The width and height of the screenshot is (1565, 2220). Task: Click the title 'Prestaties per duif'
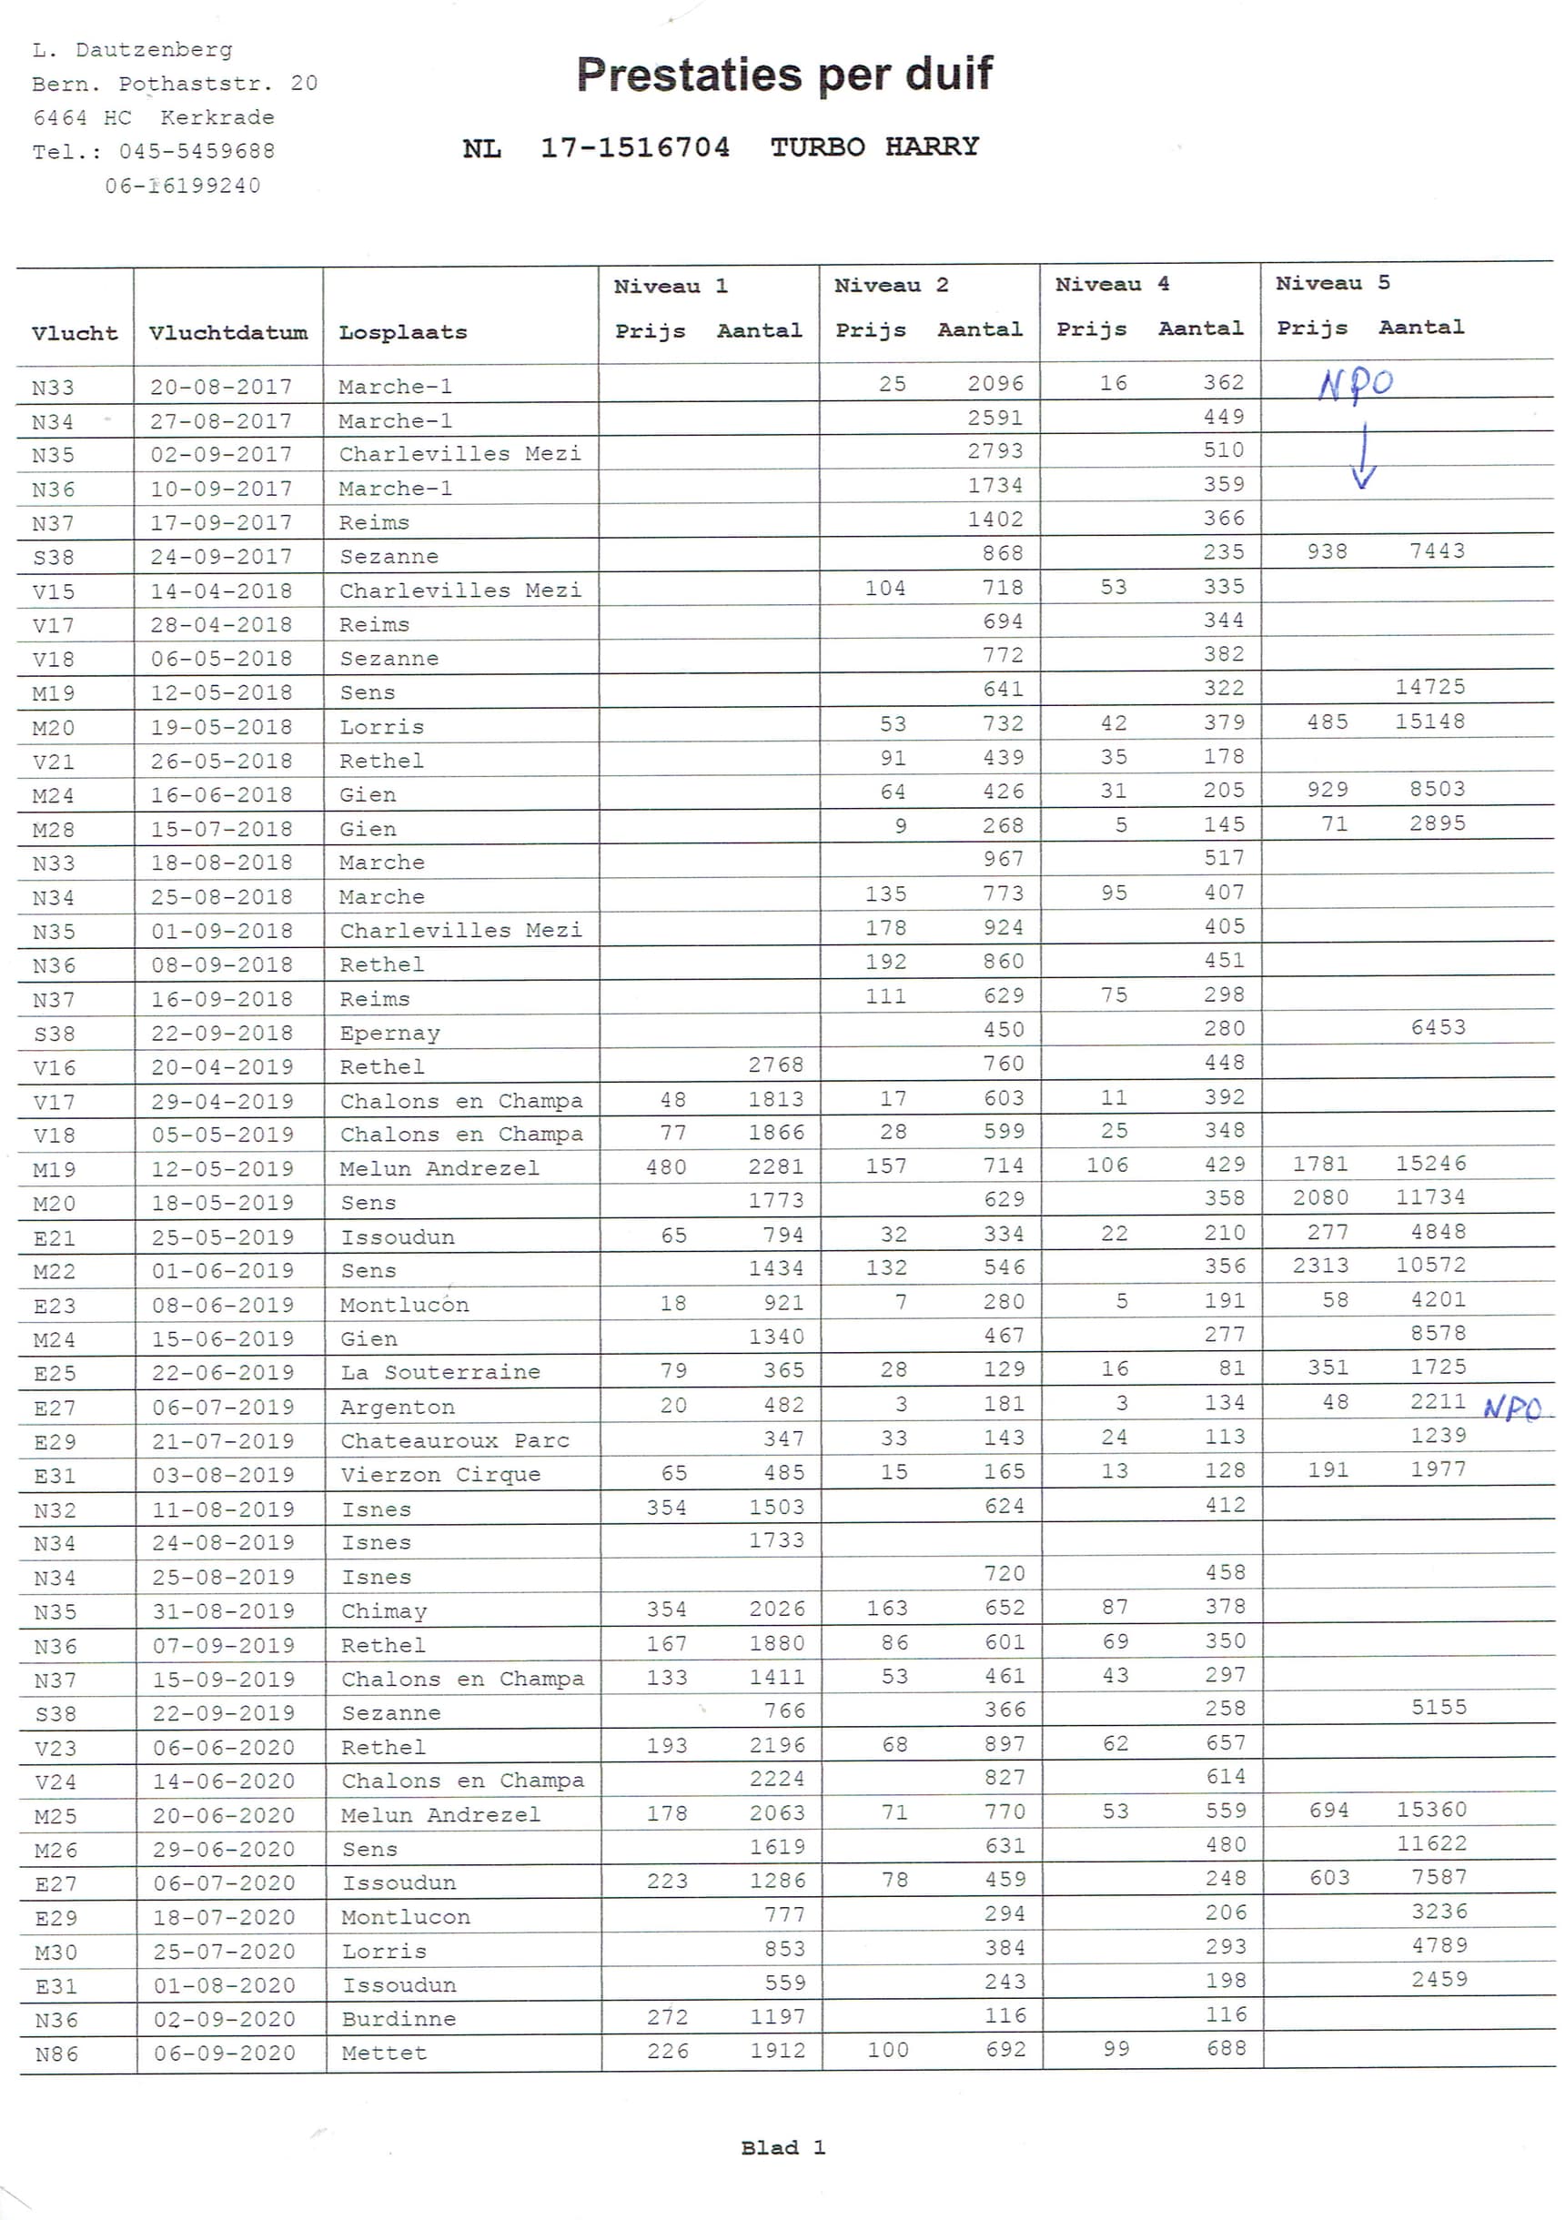point(784,75)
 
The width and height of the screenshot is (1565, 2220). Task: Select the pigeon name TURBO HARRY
point(874,147)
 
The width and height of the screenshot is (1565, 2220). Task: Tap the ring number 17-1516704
point(634,147)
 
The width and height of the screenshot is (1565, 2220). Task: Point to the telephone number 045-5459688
point(197,152)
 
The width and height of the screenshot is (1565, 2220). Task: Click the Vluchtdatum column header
point(228,333)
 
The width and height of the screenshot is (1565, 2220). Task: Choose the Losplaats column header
point(402,333)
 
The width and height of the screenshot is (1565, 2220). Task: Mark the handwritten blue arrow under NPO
point(1363,457)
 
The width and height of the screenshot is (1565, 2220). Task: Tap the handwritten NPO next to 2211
point(1513,1408)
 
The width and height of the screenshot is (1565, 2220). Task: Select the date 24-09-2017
point(221,557)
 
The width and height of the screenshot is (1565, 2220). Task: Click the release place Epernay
point(389,1033)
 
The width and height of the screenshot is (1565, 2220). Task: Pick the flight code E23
point(55,1307)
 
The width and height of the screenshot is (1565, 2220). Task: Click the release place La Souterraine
point(440,1372)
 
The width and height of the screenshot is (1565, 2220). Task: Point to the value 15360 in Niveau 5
point(1431,1809)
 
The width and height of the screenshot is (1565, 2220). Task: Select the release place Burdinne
point(399,2019)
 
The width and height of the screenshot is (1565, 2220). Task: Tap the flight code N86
point(56,2053)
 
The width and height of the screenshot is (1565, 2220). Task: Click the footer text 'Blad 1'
point(782,2147)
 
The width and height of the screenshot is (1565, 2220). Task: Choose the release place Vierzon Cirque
point(440,1475)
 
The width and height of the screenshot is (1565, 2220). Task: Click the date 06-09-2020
point(225,2053)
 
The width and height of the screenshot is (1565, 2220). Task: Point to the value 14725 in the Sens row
point(1429,687)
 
